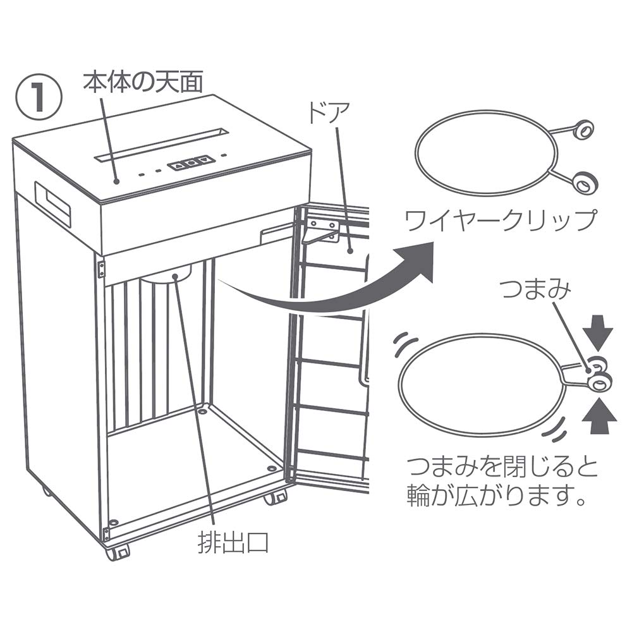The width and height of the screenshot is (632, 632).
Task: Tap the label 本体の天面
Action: tap(143, 82)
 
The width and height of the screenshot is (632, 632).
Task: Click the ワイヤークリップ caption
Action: tap(500, 219)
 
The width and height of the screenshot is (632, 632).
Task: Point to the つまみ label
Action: tap(535, 289)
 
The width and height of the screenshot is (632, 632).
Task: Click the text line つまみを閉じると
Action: tap(502, 468)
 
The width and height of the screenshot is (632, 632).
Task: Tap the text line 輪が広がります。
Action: tap(494, 497)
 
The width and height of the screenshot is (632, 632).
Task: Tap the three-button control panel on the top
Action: tap(191, 163)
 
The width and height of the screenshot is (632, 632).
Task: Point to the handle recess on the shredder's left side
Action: tap(53, 204)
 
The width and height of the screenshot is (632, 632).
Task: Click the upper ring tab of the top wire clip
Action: tap(582, 130)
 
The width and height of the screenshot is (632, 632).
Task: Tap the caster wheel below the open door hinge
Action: tap(276, 497)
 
